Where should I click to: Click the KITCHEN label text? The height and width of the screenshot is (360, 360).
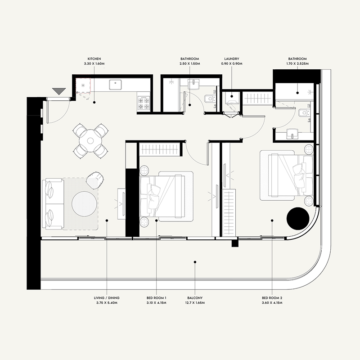pos(94,59)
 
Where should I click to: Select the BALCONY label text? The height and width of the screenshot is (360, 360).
pos(194,298)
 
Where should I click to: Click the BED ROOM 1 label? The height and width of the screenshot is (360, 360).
pos(157,298)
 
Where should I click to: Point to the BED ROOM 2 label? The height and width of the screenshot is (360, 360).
pos(272,298)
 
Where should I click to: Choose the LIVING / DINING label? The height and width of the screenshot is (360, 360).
pos(107,298)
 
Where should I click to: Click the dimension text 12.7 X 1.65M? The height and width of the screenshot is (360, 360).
pos(194,303)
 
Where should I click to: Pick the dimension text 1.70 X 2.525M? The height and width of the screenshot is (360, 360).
pos(297,64)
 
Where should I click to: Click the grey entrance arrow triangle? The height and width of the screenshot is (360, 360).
pos(59,91)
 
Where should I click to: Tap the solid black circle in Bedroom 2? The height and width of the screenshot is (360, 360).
pos(297,219)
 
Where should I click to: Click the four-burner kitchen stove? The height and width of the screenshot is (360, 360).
pos(143,102)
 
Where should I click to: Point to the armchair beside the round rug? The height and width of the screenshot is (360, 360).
pos(94,180)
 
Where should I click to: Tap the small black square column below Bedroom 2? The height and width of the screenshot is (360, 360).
pos(234,243)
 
